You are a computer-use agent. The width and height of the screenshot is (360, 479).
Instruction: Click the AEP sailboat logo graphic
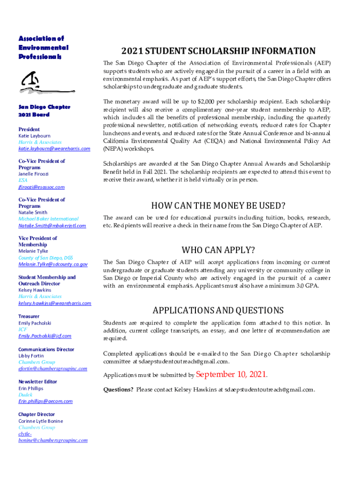pyautogui.click(x=40, y=82)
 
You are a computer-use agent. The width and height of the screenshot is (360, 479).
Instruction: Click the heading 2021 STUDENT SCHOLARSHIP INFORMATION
pyautogui.click(x=218, y=51)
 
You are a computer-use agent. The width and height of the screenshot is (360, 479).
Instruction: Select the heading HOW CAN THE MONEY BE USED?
pyautogui.click(x=218, y=205)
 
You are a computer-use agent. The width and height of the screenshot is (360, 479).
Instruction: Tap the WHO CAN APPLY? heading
pyautogui.click(x=218, y=249)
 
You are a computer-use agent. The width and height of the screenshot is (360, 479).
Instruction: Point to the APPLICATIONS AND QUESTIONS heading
pyautogui.click(x=218, y=311)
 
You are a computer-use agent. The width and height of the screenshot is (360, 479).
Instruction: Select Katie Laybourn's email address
pyautogui.click(x=54, y=149)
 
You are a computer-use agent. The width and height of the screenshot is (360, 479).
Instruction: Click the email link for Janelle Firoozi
pyautogui.click(x=42, y=187)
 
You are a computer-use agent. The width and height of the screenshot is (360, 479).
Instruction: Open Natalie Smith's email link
pyautogui.click(x=52, y=226)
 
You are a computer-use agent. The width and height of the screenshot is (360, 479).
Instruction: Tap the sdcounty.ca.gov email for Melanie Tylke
pyautogui.click(x=53, y=264)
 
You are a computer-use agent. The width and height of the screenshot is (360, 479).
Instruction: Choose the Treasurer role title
pyautogui.click(x=29, y=316)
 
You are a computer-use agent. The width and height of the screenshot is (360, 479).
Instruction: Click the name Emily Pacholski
pyautogui.click(x=35, y=323)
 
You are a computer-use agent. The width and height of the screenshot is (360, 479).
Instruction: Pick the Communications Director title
pyautogui.click(x=46, y=349)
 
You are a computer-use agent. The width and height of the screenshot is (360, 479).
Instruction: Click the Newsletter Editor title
pyautogui.click(x=38, y=382)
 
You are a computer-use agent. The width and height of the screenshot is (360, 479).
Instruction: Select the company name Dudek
pyautogui.click(x=25, y=395)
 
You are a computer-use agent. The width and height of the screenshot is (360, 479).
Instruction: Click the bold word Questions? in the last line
pyautogui.click(x=118, y=390)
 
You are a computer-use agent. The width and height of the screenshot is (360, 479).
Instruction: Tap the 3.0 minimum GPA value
pyautogui.click(x=292, y=285)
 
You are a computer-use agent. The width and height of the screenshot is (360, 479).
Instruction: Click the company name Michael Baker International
pyautogui.click(x=49, y=219)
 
